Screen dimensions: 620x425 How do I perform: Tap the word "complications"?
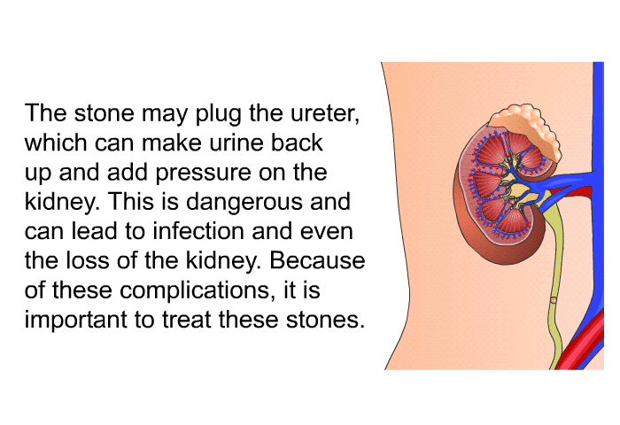(x=195, y=291)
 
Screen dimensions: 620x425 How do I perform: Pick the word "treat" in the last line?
(x=186, y=320)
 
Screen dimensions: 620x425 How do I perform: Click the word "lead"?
(x=94, y=231)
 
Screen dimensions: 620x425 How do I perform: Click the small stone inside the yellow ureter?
(x=554, y=300)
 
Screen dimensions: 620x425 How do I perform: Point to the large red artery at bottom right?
(x=581, y=344)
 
